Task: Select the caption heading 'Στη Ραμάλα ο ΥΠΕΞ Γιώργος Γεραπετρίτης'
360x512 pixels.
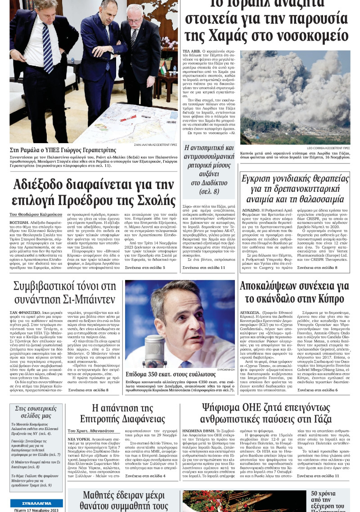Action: (63, 150)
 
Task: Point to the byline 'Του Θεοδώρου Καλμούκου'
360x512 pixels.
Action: (36, 215)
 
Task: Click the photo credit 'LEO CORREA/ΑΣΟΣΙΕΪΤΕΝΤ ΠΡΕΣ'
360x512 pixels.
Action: (328, 148)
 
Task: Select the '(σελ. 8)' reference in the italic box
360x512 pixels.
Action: (209, 192)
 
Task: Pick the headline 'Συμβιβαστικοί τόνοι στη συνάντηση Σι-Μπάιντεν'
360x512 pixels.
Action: (65, 293)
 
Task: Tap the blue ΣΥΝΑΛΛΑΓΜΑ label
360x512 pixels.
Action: (36, 503)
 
